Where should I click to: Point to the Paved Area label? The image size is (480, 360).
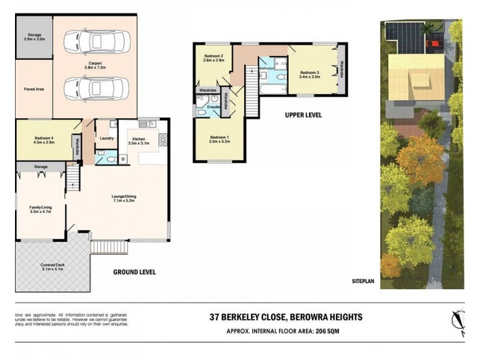click(34, 89)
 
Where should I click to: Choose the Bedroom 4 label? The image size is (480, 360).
click(44, 140)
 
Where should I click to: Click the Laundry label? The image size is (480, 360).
click(107, 138)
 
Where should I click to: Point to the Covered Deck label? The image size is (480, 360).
click(53, 267)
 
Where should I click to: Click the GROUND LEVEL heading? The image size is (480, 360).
click(134, 272)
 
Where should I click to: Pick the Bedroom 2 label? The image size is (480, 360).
click(213, 58)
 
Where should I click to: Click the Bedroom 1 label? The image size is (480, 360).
click(220, 141)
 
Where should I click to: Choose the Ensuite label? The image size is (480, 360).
click(214, 107)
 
